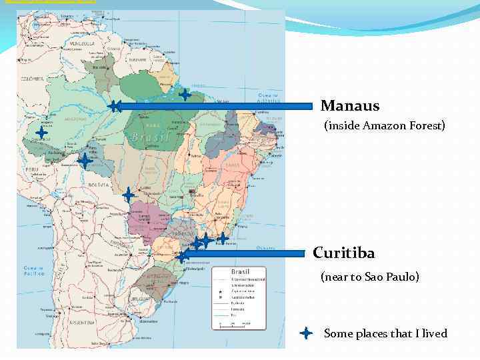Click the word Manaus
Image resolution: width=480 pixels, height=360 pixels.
(350, 106)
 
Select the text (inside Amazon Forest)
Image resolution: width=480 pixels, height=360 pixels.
(385, 125)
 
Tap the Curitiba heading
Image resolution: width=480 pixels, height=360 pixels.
(344, 253)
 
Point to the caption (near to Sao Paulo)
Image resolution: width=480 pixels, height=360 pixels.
(370, 276)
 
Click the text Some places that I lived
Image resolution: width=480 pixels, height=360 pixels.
(385, 333)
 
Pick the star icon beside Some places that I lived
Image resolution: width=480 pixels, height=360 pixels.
(306, 333)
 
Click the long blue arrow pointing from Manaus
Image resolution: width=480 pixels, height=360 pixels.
(213, 105)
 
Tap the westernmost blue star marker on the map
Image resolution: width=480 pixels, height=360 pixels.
(41, 133)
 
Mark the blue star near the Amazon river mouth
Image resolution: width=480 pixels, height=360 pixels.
(185, 95)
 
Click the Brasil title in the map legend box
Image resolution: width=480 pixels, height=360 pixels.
(240, 272)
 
